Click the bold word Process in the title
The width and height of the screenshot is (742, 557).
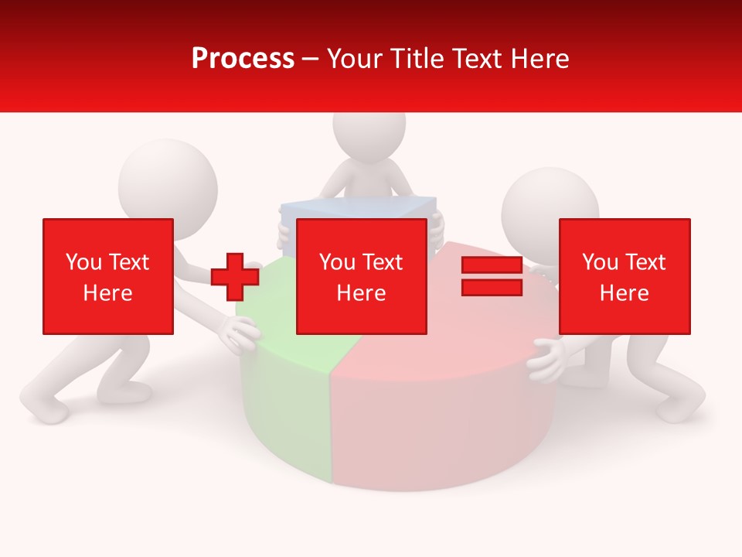tap(243, 59)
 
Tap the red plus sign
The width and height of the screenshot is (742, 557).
tap(234, 277)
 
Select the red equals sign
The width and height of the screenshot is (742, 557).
tap(492, 276)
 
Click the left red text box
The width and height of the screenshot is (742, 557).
tap(107, 276)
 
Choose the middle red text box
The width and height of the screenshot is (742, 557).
tap(361, 276)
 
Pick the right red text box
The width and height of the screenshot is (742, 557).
tap(624, 276)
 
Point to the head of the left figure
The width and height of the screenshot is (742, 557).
tap(167, 179)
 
